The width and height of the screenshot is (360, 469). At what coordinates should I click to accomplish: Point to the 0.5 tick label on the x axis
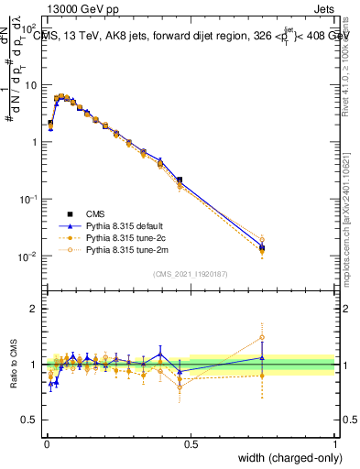coord(191,443)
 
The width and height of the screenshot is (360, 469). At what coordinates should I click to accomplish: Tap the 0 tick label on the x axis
coord(46,443)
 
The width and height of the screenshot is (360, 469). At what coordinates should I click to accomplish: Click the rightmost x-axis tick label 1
coord(335,443)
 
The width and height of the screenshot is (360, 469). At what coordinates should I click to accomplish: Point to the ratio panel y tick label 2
coord(32,309)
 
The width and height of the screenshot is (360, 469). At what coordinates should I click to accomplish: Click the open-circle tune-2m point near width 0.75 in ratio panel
coord(262,337)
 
